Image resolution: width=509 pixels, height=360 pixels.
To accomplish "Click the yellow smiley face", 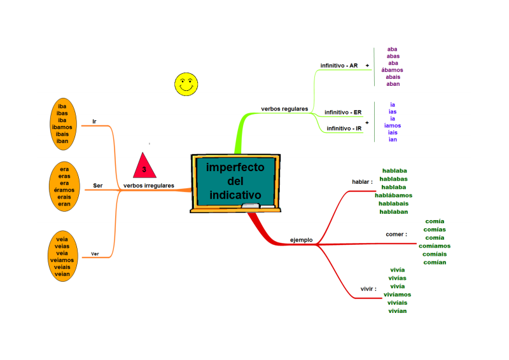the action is point(186,85).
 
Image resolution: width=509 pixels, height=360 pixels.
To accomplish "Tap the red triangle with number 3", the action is point(144,165).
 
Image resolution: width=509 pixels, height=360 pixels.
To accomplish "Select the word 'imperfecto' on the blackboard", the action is point(235,167).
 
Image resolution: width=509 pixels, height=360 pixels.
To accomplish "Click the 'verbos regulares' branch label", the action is point(284,109).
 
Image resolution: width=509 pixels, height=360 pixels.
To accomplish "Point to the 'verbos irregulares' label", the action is point(149,186).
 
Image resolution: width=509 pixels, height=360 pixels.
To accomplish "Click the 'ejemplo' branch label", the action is point(301,240).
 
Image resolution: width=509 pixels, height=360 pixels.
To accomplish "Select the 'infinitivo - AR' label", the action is point(339,66).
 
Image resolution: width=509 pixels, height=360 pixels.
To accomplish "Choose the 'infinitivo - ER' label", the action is point(343,113).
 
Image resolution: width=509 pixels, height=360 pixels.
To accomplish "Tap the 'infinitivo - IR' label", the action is point(344,128).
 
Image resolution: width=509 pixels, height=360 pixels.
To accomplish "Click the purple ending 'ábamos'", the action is point(392,70).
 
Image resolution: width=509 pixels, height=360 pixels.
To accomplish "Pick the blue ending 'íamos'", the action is point(393,125).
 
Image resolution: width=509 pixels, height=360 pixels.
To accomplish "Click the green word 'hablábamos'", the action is point(393,195).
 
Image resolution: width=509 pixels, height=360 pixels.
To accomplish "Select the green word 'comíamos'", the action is point(435,246).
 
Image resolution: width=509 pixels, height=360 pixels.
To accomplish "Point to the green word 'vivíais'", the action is point(397,303).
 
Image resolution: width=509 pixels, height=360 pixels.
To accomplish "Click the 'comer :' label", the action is point(396,234).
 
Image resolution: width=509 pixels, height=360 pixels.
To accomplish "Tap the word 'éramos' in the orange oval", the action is point(64,190).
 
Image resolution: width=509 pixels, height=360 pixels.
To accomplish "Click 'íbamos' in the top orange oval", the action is point(62,127).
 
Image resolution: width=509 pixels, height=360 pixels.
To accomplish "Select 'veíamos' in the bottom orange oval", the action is point(62,260).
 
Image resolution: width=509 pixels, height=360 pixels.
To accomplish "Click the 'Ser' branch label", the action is point(98,186).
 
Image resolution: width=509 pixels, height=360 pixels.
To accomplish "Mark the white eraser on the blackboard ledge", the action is point(251,205).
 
